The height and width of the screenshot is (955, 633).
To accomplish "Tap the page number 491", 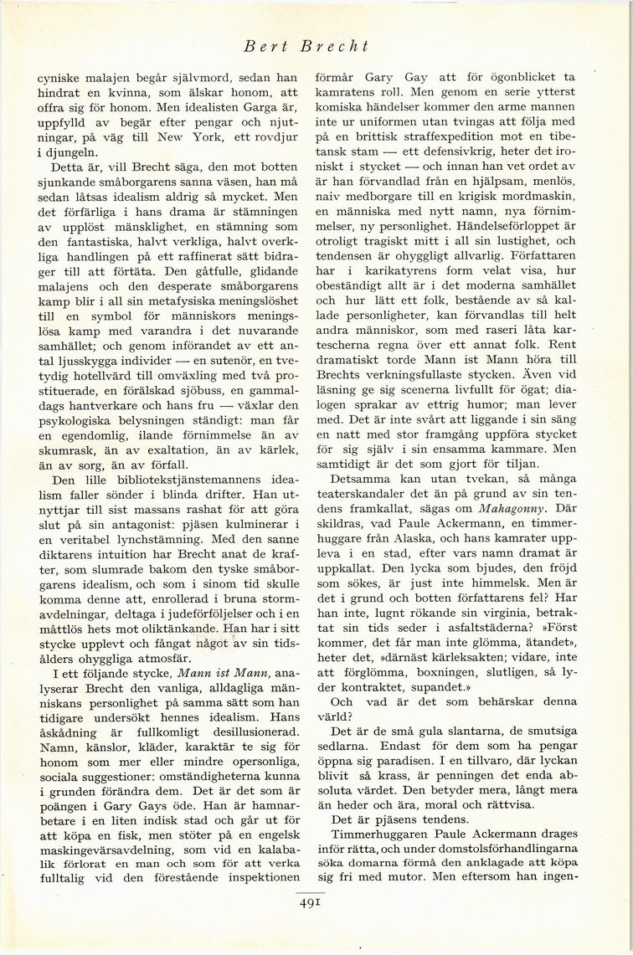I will pos(310,902).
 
